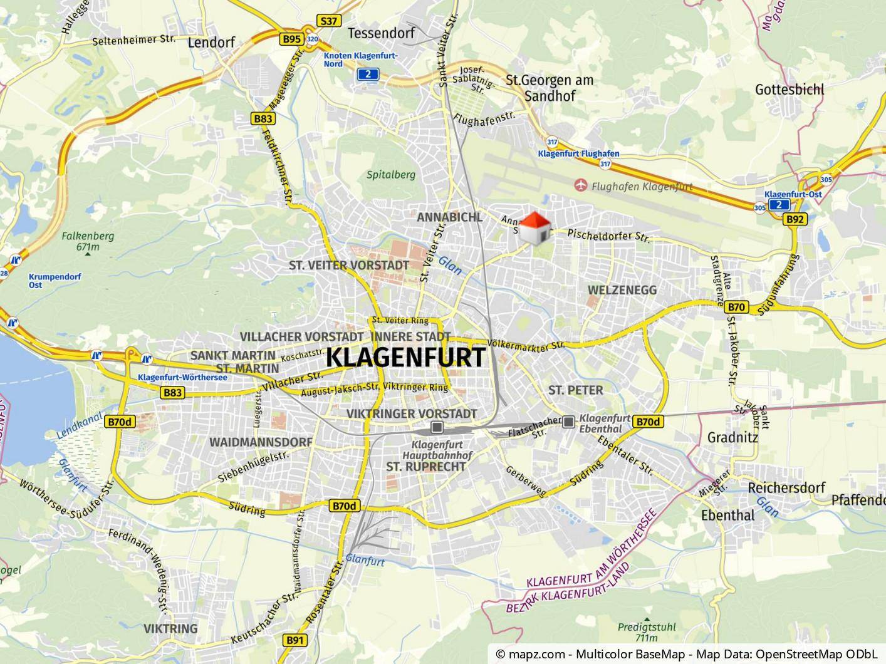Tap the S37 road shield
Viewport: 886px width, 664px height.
coord(328,21)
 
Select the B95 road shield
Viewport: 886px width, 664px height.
coord(291,39)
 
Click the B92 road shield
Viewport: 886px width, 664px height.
coord(795,219)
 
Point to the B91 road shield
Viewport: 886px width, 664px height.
coord(295,640)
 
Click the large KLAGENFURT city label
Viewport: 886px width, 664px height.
coord(405,358)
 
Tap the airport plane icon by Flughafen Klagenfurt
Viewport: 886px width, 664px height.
coord(582,185)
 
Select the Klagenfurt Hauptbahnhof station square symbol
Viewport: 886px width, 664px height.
coord(437,428)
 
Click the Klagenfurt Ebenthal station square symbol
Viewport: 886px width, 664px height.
coord(568,422)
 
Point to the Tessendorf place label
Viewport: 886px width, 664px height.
coord(381,33)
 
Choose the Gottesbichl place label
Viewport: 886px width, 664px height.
coord(790,90)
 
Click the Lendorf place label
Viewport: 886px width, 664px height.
coord(211,43)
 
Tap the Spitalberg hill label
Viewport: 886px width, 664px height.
coord(391,175)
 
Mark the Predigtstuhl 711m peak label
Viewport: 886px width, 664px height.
coord(637,632)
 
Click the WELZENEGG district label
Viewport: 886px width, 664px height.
coord(622,290)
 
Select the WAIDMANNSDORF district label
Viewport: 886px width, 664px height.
coord(261,442)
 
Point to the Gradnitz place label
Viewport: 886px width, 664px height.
coord(732,437)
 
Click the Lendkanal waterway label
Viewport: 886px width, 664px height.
coord(80,426)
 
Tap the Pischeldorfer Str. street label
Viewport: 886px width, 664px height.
coord(608,236)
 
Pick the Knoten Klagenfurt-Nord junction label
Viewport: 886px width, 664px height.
coord(360,60)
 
